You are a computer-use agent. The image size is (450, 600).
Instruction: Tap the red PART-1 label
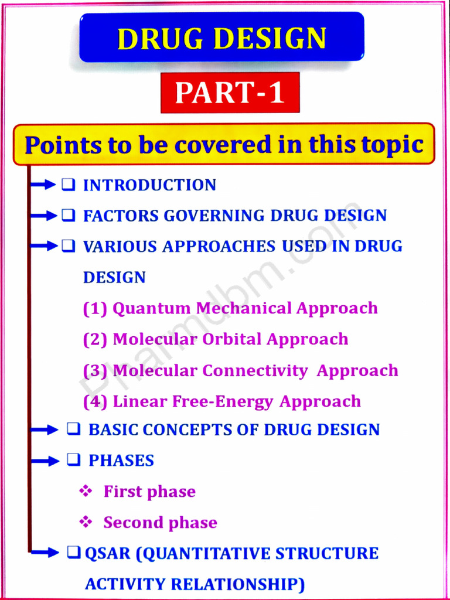pyautogui.click(x=230, y=93)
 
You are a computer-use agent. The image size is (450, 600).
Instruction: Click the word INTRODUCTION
pyautogui.click(x=149, y=185)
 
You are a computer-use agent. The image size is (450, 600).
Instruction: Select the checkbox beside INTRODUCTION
pyautogui.click(x=68, y=185)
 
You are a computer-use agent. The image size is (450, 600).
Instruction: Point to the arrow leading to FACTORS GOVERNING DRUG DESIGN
pyautogui.click(x=45, y=216)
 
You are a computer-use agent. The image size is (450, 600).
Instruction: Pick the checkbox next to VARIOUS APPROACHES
pyautogui.click(x=68, y=246)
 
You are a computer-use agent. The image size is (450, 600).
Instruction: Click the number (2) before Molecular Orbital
pyautogui.click(x=95, y=339)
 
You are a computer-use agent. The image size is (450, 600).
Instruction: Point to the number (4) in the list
pyautogui.click(x=95, y=401)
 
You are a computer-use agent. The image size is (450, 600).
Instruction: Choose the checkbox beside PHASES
pyautogui.click(x=73, y=461)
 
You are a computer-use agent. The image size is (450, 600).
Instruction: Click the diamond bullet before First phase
pyautogui.click(x=86, y=491)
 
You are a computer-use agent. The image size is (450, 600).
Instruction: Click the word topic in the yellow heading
pyautogui.click(x=390, y=144)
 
